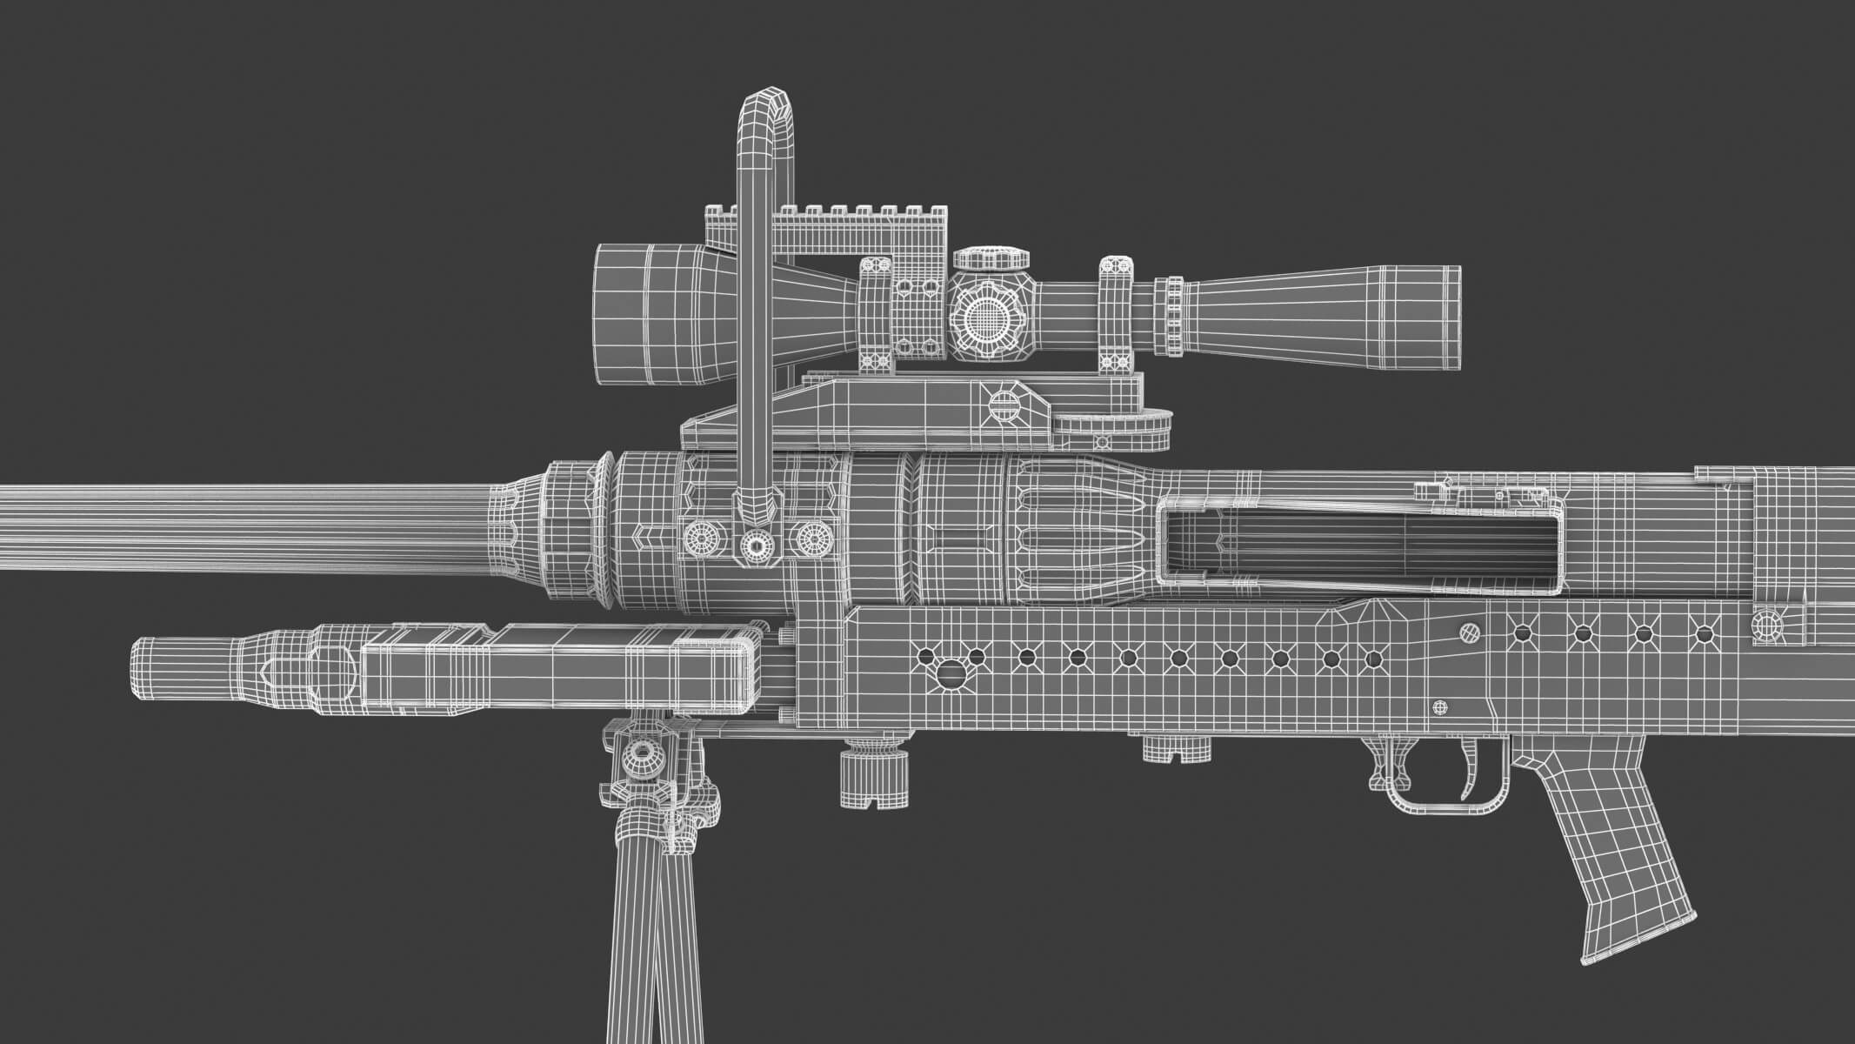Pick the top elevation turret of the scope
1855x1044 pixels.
(991, 258)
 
